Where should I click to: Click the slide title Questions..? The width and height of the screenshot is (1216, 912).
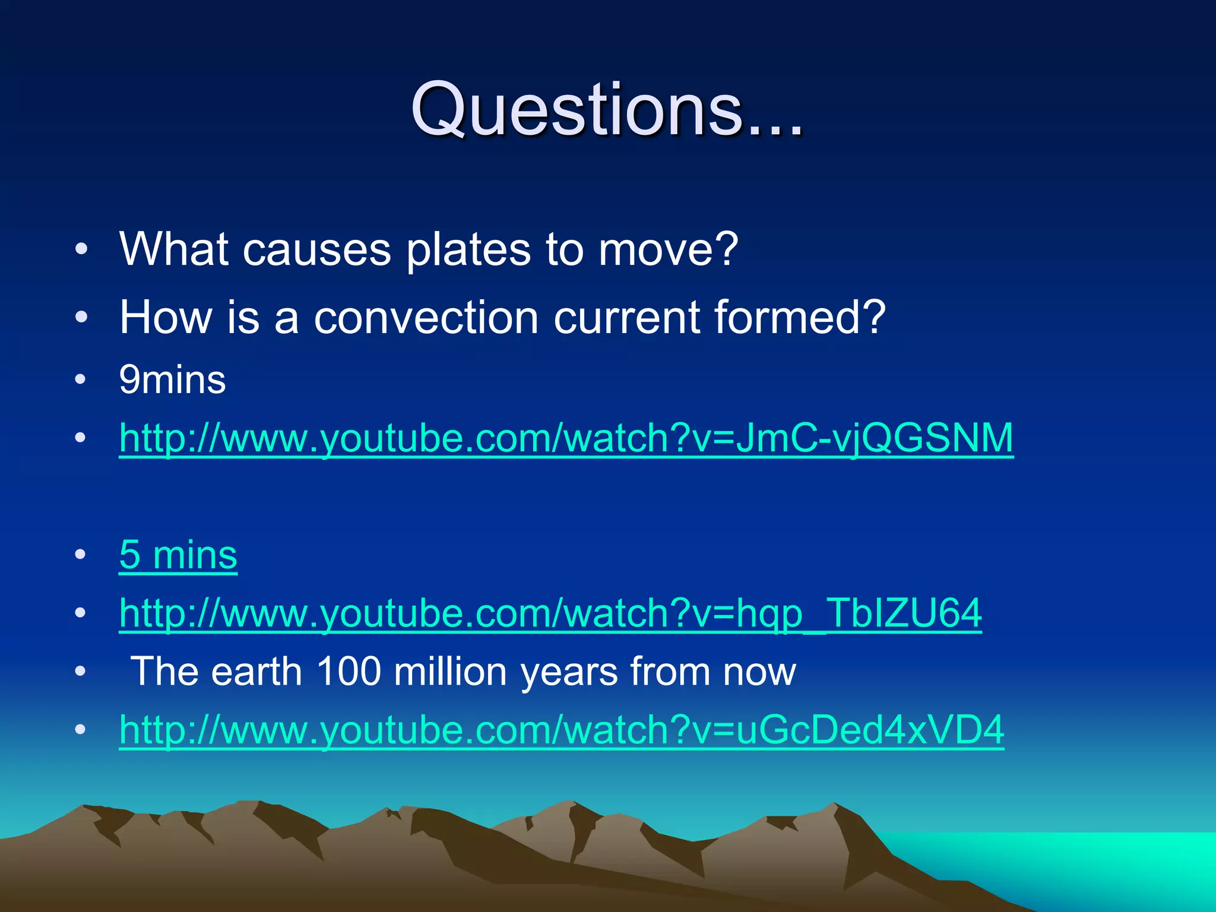coord(607,110)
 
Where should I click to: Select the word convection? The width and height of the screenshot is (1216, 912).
coord(426,318)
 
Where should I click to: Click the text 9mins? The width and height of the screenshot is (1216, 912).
coord(172,380)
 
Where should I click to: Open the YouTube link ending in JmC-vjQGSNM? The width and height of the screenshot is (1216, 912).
coord(566,438)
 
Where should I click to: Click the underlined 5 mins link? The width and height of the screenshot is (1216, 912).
coord(178,555)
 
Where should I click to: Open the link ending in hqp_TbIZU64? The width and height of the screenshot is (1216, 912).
coord(550,613)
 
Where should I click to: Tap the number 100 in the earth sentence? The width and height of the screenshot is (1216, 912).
coord(349,672)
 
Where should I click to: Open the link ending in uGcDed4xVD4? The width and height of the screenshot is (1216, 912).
coord(561,730)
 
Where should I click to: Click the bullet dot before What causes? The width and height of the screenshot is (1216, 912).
coord(81,250)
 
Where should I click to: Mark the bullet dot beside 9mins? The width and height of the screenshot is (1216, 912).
coord(81,380)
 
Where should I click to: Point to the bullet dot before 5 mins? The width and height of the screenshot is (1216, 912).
coord(81,555)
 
